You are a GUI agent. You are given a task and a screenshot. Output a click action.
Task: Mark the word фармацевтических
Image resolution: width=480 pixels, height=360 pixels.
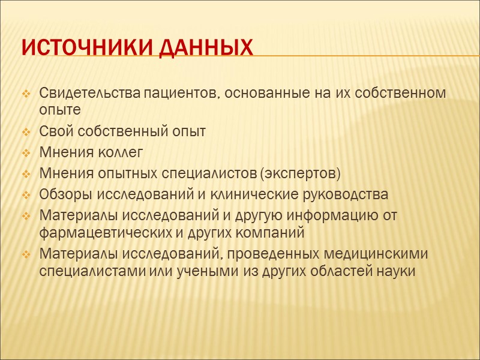tap(96, 232)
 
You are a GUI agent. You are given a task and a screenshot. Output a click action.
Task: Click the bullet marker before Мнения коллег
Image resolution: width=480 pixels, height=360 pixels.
tap(26, 154)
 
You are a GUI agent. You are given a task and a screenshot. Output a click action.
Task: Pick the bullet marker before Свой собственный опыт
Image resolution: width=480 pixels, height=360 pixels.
tap(26, 132)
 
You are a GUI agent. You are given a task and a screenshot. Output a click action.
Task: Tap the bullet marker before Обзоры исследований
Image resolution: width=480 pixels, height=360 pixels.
tap(26, 196)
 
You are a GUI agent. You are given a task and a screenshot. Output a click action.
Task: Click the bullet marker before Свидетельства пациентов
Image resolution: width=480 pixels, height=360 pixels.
tap(26, 95)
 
